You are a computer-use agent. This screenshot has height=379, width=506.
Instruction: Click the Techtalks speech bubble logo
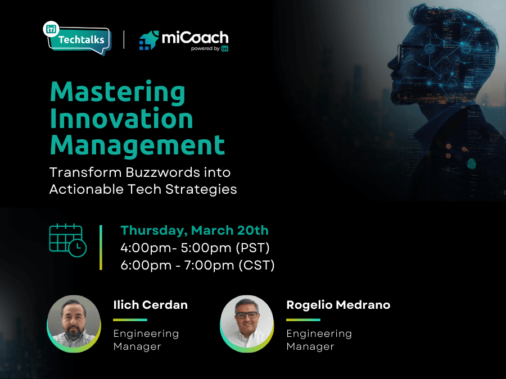78,38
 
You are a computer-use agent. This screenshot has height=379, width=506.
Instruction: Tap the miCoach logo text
195,38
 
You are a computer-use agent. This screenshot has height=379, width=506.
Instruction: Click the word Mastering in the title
118,93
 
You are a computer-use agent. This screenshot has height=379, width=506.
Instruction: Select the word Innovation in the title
121,118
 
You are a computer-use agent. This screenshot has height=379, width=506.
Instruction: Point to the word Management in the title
138,145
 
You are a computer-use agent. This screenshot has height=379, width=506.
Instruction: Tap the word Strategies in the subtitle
201,189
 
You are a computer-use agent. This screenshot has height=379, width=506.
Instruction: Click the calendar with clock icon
68,240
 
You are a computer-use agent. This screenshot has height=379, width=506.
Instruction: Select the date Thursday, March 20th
195,231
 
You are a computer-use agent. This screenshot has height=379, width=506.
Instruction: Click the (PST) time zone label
252,248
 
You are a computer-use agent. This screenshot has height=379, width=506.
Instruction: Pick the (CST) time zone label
256,266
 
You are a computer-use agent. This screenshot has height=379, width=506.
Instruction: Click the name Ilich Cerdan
150,305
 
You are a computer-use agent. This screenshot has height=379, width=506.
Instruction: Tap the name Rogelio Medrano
338,305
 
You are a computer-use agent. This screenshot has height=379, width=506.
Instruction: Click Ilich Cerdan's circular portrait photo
74,323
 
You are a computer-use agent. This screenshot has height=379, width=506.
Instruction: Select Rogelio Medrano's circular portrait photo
247,323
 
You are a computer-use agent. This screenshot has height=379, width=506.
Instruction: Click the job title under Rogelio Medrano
319,340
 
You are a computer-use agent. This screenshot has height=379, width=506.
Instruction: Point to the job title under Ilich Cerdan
146,340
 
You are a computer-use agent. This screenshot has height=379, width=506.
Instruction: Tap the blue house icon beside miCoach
149,40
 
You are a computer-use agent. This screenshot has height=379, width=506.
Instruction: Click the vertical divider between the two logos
124,40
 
